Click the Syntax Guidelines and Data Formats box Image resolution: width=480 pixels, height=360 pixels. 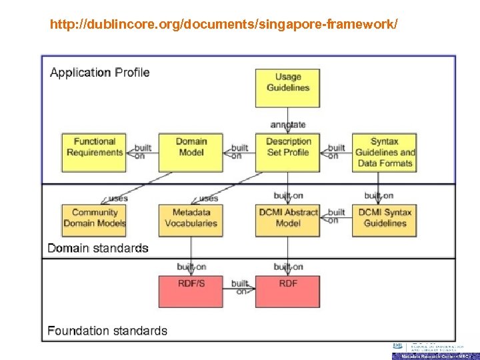point(385,153)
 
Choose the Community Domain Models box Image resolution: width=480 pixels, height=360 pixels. point(94,218)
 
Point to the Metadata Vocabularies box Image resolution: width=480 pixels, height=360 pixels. point(191,218)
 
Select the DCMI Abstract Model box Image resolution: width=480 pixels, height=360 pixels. point(287,218)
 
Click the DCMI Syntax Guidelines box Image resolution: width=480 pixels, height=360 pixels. point(385,218)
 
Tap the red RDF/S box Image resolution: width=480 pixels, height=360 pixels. point(191,291)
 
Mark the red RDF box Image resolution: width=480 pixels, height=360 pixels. point(287,291)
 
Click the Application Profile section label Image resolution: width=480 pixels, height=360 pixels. point(100,73)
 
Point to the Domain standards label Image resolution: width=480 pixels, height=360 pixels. point(98,248)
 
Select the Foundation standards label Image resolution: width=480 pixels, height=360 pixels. point(107,330)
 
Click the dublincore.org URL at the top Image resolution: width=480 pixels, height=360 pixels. point(224,25)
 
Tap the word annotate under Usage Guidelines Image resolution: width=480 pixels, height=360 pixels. point(288,125)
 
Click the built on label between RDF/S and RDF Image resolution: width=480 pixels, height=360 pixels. point(239,287)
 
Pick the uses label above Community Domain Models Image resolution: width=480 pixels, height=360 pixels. point(117,198)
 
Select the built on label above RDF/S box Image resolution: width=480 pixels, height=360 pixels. point(192,267)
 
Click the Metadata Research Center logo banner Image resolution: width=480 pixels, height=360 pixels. point(435,356)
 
